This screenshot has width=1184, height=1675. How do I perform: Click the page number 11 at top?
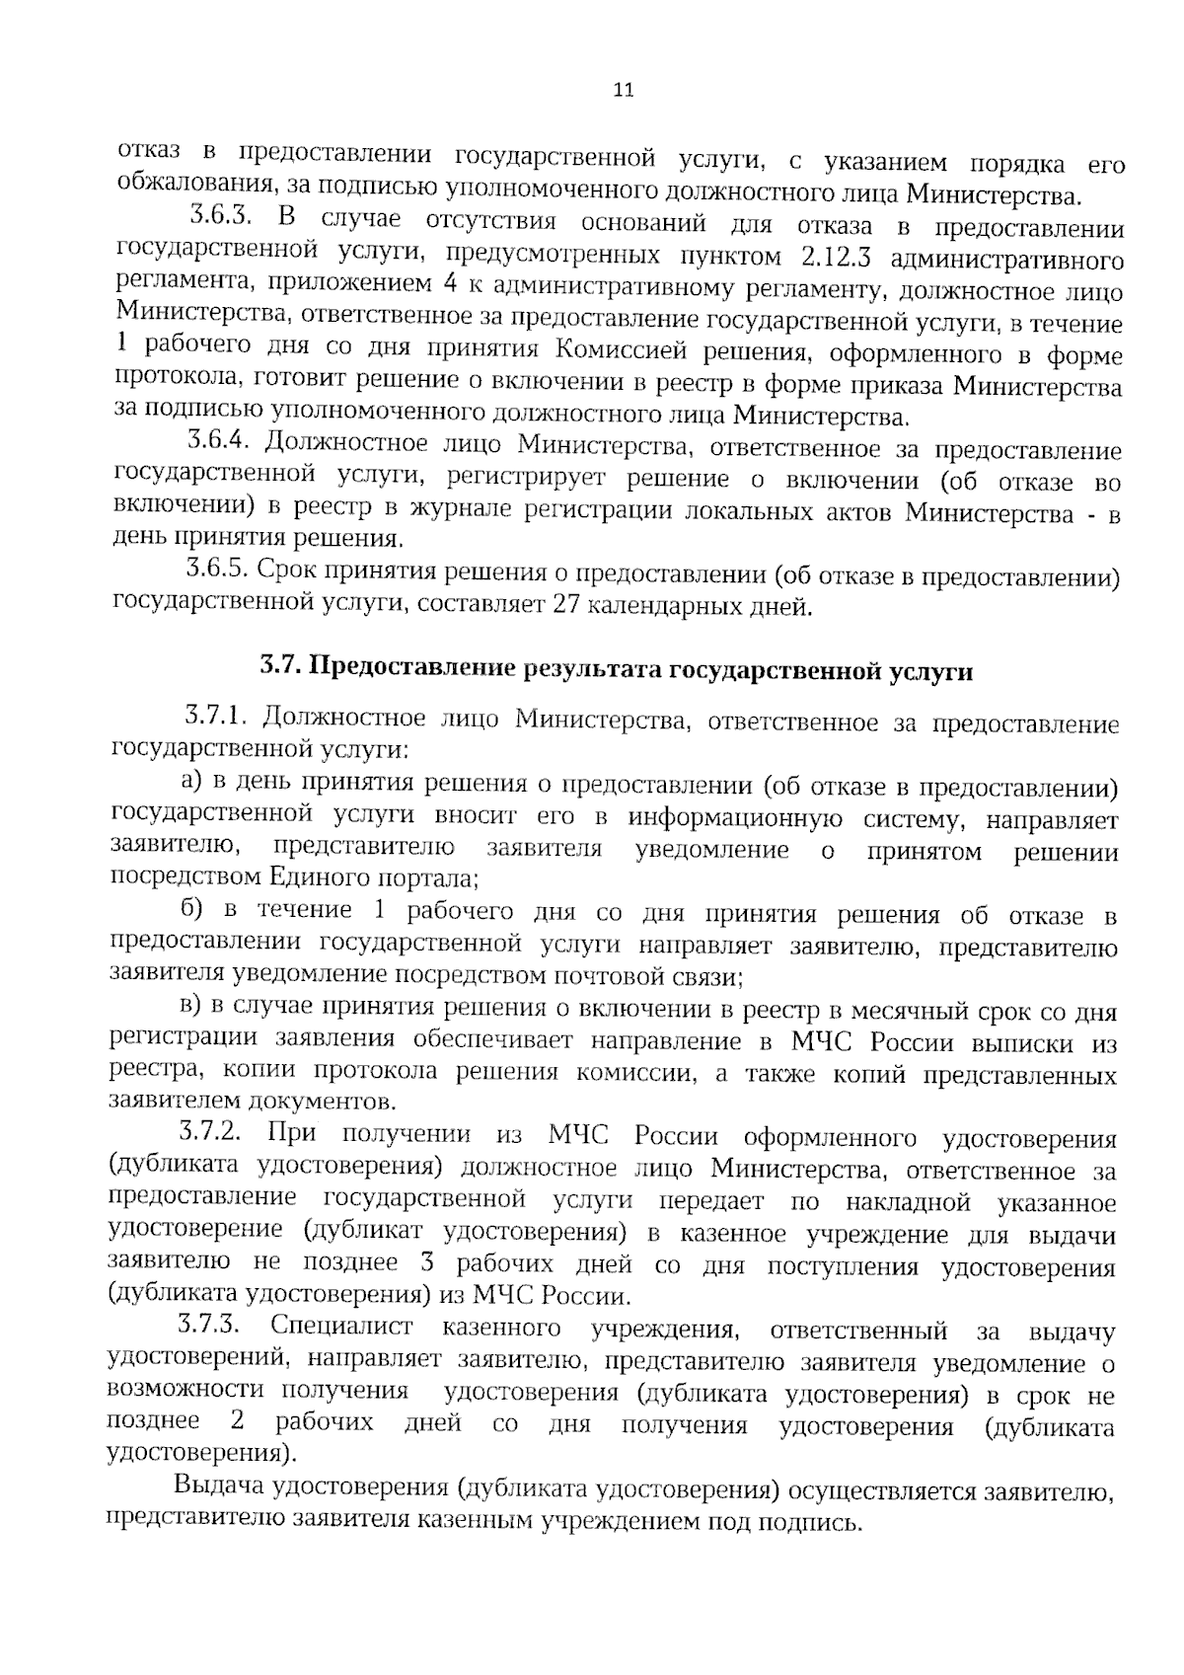click(623, 91)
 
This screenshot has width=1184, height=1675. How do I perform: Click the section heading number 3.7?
click(281, 671)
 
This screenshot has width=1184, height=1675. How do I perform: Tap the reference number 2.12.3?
click(834, 259)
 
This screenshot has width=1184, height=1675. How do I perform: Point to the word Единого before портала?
click(317, 876)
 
